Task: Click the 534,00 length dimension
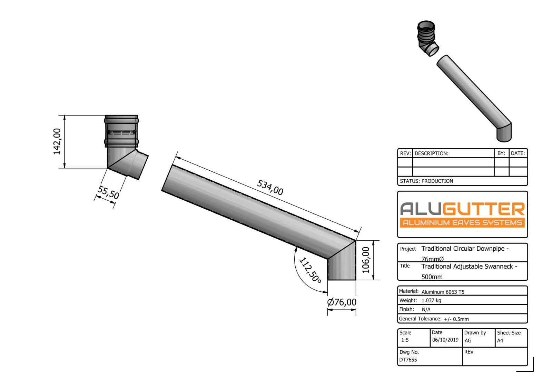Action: pos(270,188)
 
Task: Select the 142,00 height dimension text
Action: pos(57,141)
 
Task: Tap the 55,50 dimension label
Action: pos(108,192)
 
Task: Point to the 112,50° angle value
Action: pos(310,270)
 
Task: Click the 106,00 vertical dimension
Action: pos(366,260)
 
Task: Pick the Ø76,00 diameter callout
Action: pos(342,302)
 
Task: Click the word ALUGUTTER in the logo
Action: pos(462,209)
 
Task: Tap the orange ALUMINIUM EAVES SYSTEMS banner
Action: pos(462,222)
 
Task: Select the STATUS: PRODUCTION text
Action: pos(426,181)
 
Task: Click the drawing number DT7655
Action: pos(408,360)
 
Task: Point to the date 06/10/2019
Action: pos(445,340)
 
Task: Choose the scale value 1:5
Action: pos(405,340)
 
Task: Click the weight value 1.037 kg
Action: pos(431,300)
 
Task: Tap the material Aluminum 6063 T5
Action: pos(443,292)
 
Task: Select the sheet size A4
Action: pos(500,341)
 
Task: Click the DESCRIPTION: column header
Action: pos(431,153)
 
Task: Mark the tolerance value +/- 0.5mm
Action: pos(456,319)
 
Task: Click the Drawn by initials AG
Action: pos(468,341)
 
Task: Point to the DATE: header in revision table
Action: pos(518,153)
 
